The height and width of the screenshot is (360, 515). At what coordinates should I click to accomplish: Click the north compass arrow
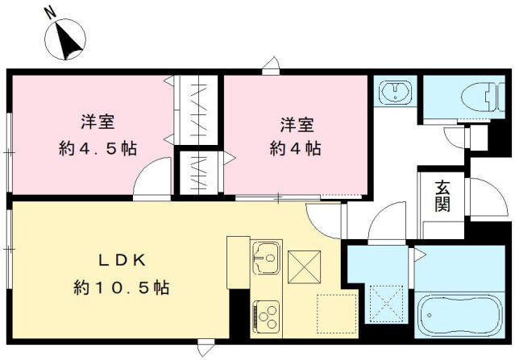pos(65,41)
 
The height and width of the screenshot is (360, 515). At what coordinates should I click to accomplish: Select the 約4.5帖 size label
pos(97,149)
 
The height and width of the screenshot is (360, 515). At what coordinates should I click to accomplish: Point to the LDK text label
pos(122,261)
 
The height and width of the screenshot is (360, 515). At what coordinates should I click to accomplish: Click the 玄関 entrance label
pos(442,197)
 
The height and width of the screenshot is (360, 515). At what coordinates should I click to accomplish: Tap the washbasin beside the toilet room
pos(396,91)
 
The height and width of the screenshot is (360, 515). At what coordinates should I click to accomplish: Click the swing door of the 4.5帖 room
pos(153,179)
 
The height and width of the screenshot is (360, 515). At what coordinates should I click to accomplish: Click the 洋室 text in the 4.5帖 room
pos(97,123)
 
